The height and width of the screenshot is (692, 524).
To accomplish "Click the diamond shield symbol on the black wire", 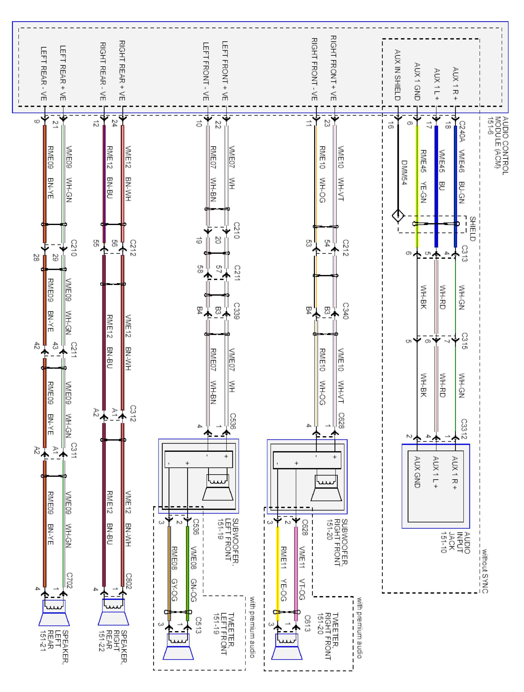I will pyautogui.click(x=398, y=216).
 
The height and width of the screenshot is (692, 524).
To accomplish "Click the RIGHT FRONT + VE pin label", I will pyautogui.click(x=333, y=68).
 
